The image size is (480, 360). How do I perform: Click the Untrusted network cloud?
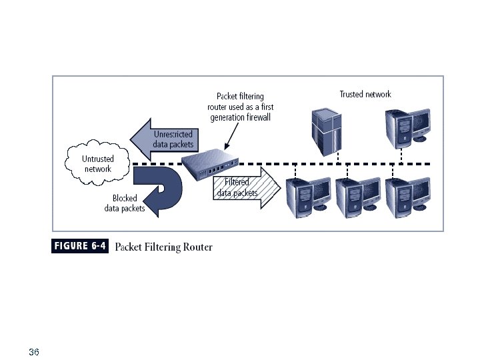click(98, 163)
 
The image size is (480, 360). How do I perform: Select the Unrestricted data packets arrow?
click(160, 139)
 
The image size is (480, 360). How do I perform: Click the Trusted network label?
click(365, 95)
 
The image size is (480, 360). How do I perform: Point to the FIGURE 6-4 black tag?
click(80, 246)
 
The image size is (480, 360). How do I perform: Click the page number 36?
click(35, 351)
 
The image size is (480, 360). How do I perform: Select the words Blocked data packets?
click(125, 203)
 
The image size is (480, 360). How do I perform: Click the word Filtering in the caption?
click(163, 247)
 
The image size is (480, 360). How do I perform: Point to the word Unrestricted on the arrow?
click(173, 134)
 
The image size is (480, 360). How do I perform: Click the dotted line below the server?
click(338, 157)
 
